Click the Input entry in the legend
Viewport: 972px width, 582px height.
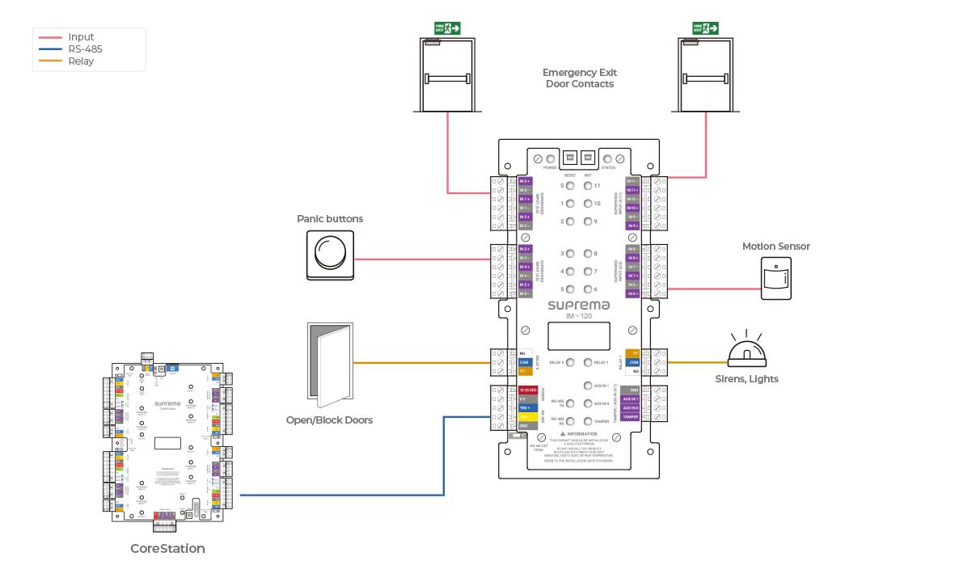pos(81,37)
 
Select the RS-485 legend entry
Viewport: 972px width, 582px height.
pos(85,49)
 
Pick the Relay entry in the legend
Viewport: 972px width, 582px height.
pos(81,61)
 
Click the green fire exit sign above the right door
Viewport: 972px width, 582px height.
pos(706,28)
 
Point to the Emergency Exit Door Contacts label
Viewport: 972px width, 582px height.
pos(579,78)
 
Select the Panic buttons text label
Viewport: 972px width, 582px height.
pos(330,219)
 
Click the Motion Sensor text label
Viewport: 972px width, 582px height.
pos(775,247)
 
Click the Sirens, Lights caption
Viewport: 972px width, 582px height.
pos(746,379)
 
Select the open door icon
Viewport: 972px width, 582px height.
pos(330,365)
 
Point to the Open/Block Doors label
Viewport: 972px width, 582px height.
pos(329,420)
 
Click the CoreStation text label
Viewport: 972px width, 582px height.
pos(167,549)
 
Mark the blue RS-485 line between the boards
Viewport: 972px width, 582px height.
pos(340,495)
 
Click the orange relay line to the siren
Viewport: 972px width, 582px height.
pos(695,362)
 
